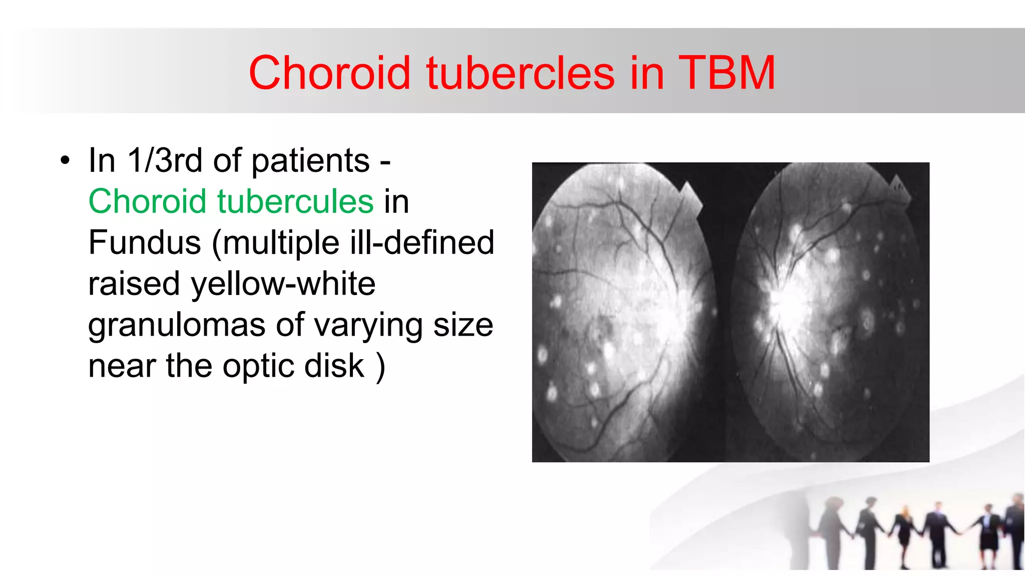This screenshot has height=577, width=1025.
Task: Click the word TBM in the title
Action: point(727,73)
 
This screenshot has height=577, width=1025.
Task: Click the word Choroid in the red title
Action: point(329,73)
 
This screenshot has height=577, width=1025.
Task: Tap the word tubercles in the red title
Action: point(521,73)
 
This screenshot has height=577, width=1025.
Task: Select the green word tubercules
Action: point(295,201)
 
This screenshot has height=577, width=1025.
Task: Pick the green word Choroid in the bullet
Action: point(147,201)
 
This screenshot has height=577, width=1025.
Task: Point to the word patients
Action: point(310,161)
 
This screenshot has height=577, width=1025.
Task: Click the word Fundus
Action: point(144,242)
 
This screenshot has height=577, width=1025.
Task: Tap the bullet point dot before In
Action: point(65,161)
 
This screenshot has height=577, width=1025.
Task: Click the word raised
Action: point(134,283)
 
